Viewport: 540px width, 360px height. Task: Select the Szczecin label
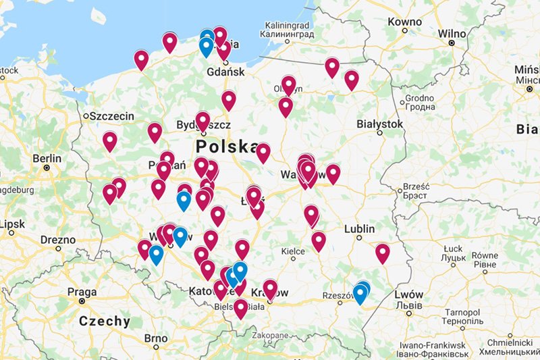click(x=112, y=116)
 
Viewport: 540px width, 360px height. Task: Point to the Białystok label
click(x=379, y=124)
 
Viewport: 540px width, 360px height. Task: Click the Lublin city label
click(x=359, y=229)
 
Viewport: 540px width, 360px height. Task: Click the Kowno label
click(x=405, y=22)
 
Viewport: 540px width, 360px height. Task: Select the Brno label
click(x=155, y=338)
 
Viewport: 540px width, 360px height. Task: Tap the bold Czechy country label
click(x=105, y=321)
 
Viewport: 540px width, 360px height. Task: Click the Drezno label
click(x=58, y=240)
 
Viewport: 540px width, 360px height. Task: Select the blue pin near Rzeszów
click(x=361, y=294)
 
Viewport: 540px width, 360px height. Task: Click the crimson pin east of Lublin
click(x=383, y=253)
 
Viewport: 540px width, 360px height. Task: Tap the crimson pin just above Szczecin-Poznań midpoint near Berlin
click(x=110, y=142)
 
